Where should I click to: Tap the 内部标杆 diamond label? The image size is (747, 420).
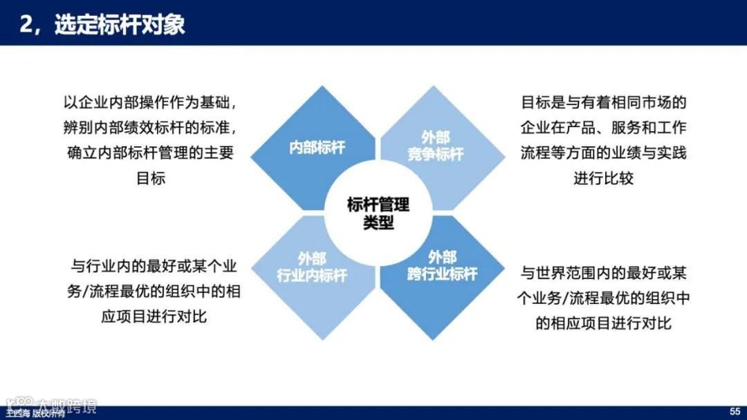click(x=317, y=147)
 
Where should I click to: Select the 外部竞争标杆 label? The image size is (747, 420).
click(x=435, y=146)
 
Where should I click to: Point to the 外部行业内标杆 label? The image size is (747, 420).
click(x=312, y=267)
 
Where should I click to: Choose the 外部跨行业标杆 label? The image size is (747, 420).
click(x=442, y=266)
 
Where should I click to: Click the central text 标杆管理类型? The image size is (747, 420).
click(x=378, y=213)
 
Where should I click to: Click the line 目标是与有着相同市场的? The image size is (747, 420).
click(x=603, y=103)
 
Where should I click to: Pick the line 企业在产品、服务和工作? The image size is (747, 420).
click(x=603, y=128)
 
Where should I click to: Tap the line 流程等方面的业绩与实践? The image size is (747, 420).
click(x=603, y=153)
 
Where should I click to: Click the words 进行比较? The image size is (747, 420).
click(x=603, y=178)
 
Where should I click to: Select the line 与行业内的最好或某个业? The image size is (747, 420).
click(x=154, y=266)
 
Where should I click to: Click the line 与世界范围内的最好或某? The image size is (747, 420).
click(x=603, y=273)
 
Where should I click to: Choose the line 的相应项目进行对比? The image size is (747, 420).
click(x=603, y=323)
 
